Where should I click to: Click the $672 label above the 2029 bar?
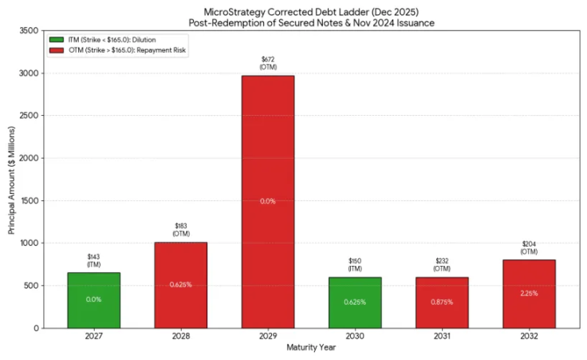(267, 59)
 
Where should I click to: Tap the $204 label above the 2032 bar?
(528, 243)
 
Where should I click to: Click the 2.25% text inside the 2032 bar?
(528, 293)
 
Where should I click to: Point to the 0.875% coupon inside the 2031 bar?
(441, 302)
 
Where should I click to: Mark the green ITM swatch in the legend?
(56, 39)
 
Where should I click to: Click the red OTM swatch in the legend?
(56, 49)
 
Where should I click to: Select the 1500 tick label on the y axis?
(26, 200)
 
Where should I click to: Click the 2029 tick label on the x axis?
(267, 336)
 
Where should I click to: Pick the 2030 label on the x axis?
(354, 336)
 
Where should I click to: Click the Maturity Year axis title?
(310, 347)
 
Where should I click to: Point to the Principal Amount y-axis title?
(11, 179)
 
